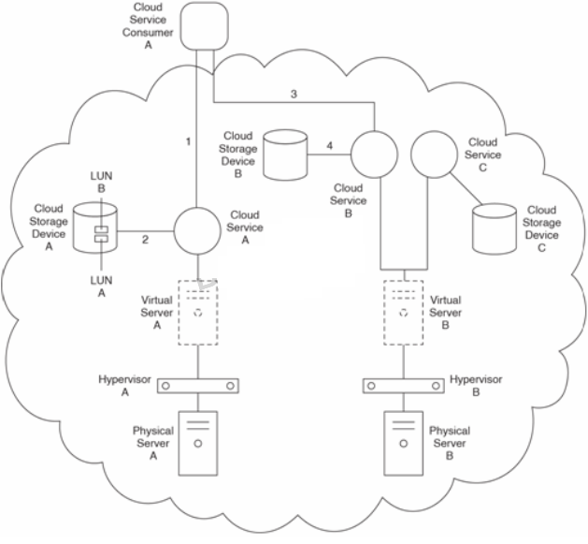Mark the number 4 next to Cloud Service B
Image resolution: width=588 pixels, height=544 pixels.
tap(328, 145)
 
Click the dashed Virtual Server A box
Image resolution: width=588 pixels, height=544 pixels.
tap(198, 312)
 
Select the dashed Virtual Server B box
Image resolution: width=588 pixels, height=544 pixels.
tap(403, 312)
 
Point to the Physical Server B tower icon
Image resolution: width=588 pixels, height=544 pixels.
tap(403, 443)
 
